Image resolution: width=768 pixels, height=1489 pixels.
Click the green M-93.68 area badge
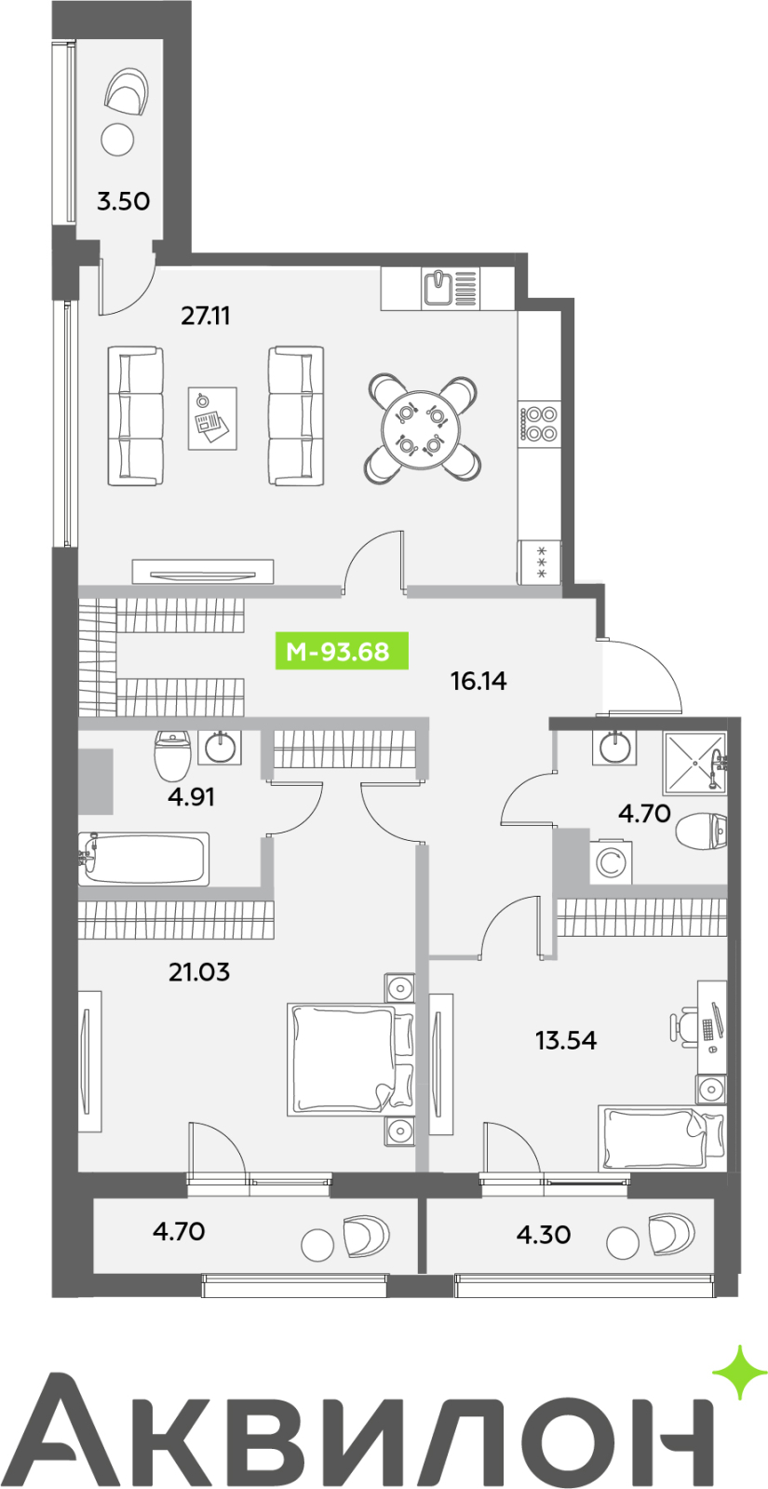pos(342,651)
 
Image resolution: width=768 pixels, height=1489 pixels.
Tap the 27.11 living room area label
pos(206,316)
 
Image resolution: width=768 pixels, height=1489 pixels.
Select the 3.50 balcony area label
pos(123,201)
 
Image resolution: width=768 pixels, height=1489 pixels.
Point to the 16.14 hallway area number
pos(478,681)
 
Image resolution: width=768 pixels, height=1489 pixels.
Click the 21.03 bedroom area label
pos(198,972)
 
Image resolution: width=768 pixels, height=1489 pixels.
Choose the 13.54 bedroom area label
pos(566,1039)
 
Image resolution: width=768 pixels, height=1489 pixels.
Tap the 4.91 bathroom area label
pos(191,796)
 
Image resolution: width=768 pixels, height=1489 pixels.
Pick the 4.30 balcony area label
pos(544,1235)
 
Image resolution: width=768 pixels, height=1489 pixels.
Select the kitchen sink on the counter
pos(439,288)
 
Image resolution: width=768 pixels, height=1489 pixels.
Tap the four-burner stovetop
pos(539,424)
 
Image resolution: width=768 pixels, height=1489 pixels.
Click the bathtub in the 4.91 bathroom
pos(144,859)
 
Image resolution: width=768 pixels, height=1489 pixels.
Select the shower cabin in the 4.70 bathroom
pos(694,763)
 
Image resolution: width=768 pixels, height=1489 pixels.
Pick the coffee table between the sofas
pos(212,418)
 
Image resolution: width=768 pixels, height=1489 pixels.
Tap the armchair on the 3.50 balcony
pos(127,91)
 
